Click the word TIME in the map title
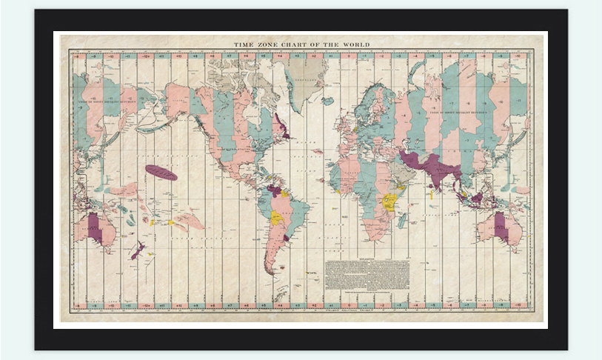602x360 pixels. (245, 44)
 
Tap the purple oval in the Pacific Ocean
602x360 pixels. (161, 173)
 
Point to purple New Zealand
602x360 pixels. (137, 250)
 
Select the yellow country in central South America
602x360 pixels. (278, 219)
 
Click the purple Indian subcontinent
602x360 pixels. (436, 167)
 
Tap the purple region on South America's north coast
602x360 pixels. (275, 190)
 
